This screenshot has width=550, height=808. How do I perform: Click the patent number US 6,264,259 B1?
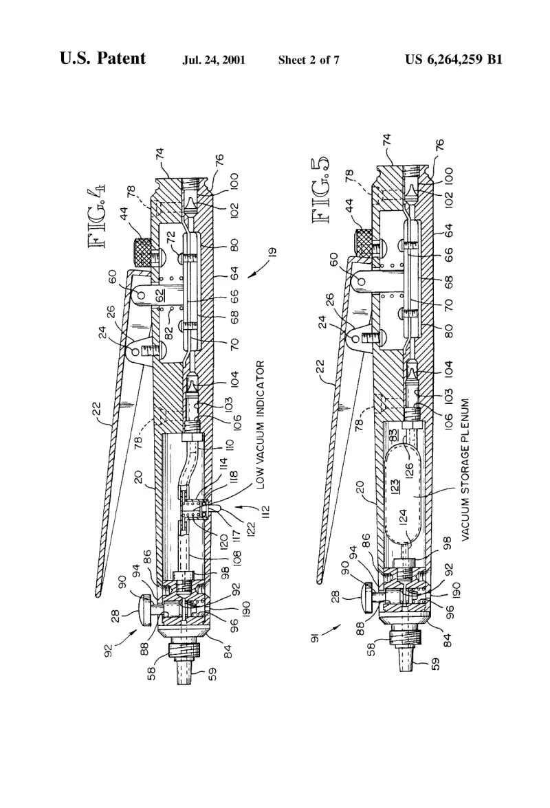453,60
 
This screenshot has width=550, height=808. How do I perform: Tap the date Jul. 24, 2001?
213,60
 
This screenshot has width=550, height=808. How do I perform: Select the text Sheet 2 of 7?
309,60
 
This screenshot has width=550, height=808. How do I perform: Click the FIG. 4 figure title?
98,217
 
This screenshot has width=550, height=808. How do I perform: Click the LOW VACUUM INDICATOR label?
260,425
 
